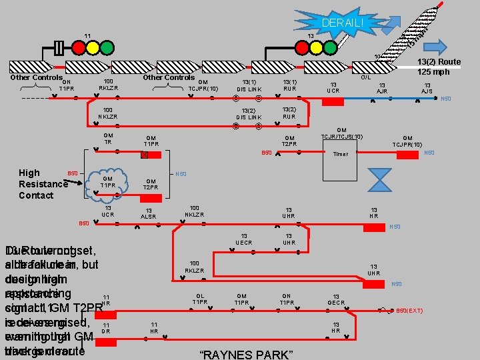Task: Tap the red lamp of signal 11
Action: click(x=79, y=47)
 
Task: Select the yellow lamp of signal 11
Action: click(x=93, y=47)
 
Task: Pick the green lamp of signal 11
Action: click(x=108, y=47)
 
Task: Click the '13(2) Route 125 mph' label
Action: click(x=439, y=67)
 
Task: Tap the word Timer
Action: click(x=341, y=154)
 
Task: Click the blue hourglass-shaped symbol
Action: click(x=382, y=181)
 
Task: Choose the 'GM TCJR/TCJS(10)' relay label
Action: click(x=341, y=133)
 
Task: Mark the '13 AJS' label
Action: click(x=427, y=89)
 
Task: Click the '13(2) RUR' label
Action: click(x=289, y=113)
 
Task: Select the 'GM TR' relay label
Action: click(x=108, y=139)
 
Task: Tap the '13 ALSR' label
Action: click(x=148, y=213)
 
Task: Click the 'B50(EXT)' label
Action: click(x=410, y=311)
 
